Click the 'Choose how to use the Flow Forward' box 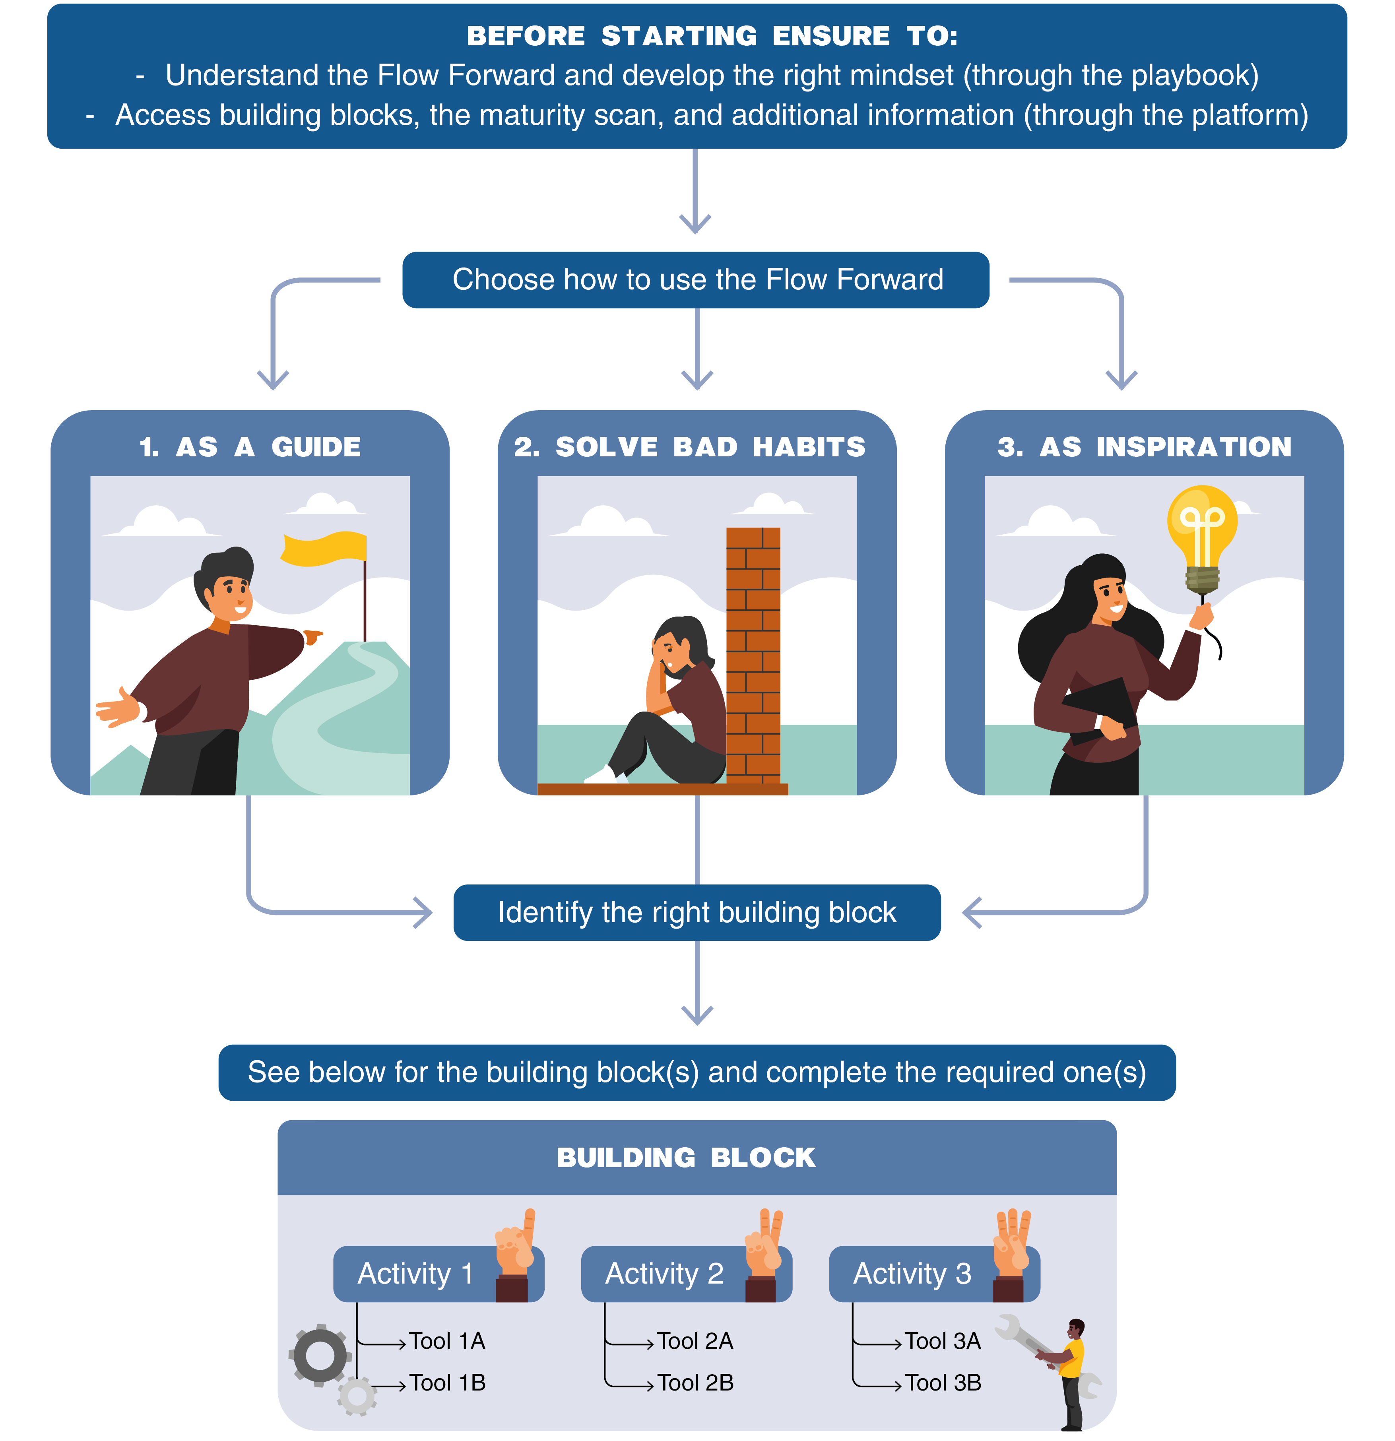tap(696, 280)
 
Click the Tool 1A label tap(447, 1341)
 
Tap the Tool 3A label tap(943, 1341)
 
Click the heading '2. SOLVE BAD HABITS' tap(689, 447)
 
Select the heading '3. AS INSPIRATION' tap(1144, 447)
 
